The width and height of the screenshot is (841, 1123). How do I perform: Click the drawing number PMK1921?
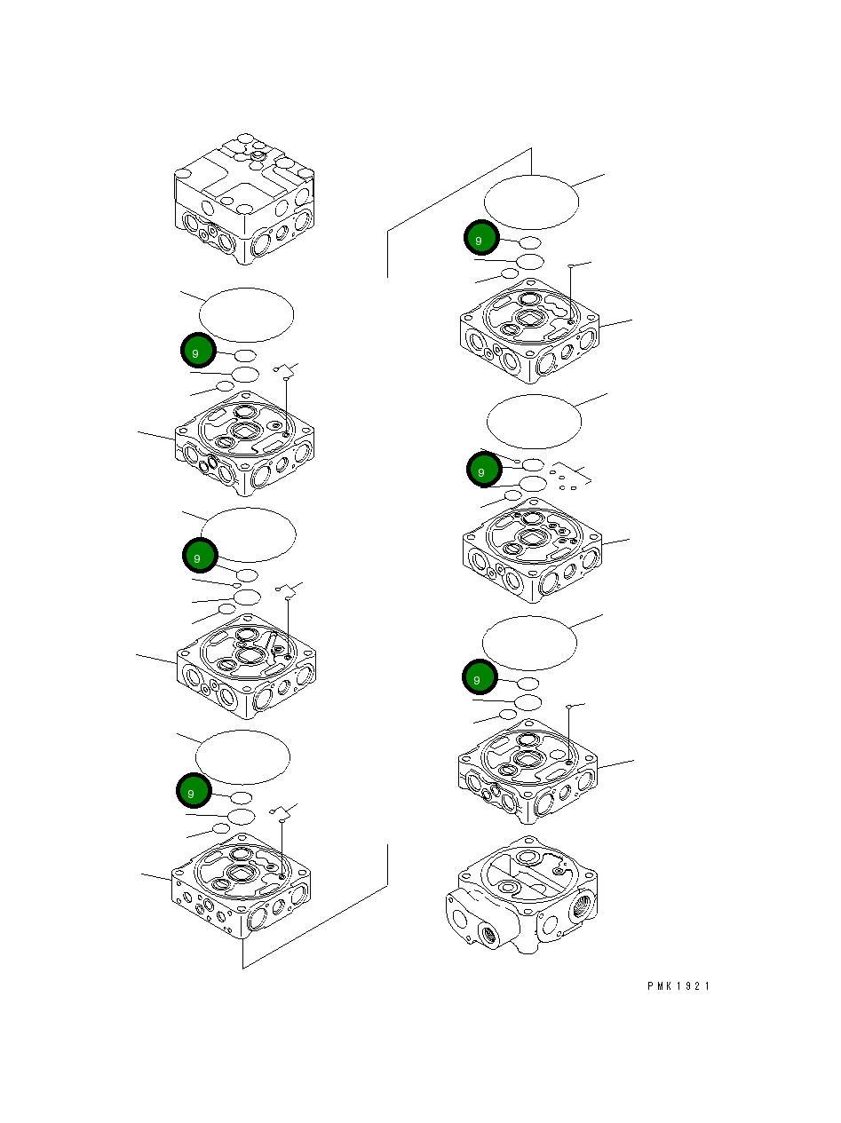(678, 986)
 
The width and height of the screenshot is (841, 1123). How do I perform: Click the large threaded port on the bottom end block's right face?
(582, 904)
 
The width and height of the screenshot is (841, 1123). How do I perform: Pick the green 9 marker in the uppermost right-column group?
(480, 239)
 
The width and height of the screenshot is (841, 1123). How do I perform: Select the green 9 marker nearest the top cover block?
(198, 352)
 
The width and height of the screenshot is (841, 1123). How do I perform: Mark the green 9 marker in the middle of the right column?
(483, 471)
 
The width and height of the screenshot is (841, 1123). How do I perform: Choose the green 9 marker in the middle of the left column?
(200, 557)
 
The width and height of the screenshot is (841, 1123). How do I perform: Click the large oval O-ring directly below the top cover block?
(246, 314)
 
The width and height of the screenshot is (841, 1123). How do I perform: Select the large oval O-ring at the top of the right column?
(531, 202)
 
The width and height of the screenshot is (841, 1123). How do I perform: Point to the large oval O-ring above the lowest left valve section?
(242, 757)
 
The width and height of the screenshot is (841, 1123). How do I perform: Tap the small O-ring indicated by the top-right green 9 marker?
(530, 242)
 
